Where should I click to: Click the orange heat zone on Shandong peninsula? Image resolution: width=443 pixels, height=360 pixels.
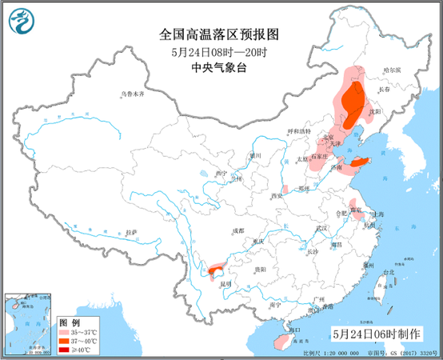coord(361,162)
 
